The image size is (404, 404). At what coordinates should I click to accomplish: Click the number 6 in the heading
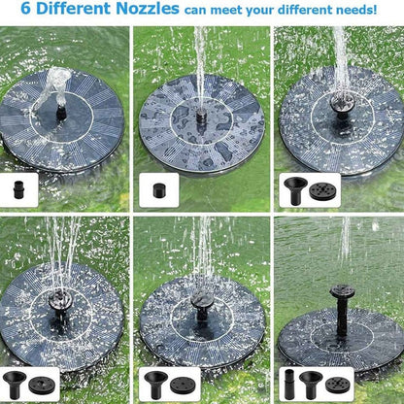click(x=15, y=11)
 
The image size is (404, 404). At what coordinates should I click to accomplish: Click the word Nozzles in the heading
click(x=145, y=11)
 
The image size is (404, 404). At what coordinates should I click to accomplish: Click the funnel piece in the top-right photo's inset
click(x=294, y=187)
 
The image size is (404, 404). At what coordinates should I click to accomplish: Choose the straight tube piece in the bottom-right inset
click(x=288, y=384)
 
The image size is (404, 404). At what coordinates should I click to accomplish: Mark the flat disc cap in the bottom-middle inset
click(x=184, y=384)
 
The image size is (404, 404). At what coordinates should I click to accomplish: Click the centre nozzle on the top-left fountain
click(x=60, y=112)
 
